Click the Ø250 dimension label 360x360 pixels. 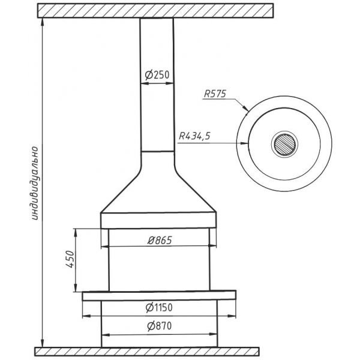157,75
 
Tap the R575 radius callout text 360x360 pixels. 215,94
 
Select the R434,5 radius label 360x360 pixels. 194,136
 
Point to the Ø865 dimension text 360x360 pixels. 160,241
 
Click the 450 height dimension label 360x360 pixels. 70,259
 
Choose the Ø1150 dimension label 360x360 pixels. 159,308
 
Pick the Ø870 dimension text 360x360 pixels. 160,326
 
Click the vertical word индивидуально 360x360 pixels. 34,183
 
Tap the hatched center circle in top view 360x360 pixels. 284,144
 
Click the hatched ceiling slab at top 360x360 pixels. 155,11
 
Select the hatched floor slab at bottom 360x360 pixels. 147,351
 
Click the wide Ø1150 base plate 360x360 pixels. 159,296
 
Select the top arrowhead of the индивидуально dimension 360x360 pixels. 42,22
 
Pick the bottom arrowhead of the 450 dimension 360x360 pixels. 76,288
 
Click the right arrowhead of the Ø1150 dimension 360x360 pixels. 232,316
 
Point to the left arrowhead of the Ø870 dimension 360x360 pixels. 106,335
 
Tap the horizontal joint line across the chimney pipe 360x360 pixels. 157,151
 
